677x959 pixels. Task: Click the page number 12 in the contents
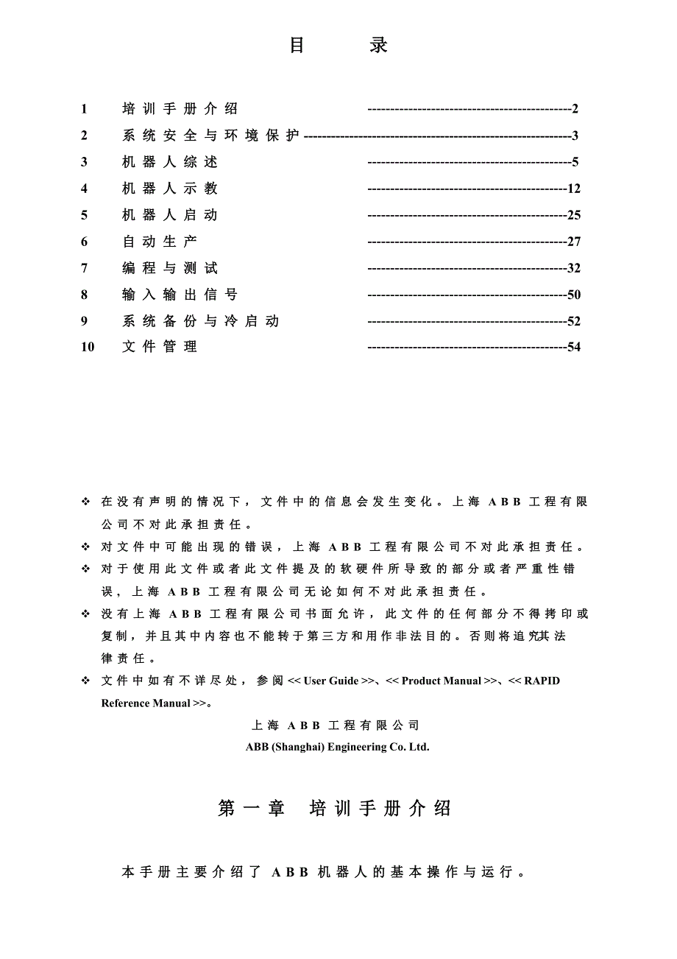(574, 189)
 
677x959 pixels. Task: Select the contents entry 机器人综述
(170, 162)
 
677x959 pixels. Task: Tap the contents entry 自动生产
(160, 242)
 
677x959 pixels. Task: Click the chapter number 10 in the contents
(88, 347)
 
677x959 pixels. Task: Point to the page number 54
(574, 347)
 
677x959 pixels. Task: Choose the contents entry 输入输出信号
(180, 295)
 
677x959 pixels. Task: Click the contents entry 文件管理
(160, 347)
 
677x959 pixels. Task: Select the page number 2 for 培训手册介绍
(575, 109)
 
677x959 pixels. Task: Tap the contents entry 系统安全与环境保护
(211, 136)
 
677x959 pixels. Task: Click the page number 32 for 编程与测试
(574, 268)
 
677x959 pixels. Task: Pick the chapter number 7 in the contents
(84, 268)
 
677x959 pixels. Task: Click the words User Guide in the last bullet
(331, 681)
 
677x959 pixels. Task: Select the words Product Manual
(442, 681)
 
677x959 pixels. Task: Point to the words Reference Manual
(146, 703)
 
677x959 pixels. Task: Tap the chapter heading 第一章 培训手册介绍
(335, 808)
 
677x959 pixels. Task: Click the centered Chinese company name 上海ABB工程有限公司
(336, 726)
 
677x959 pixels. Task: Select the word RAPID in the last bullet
(542, 681)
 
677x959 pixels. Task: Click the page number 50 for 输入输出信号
(574, 295)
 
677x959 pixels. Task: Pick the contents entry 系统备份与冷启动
(201, 321)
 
